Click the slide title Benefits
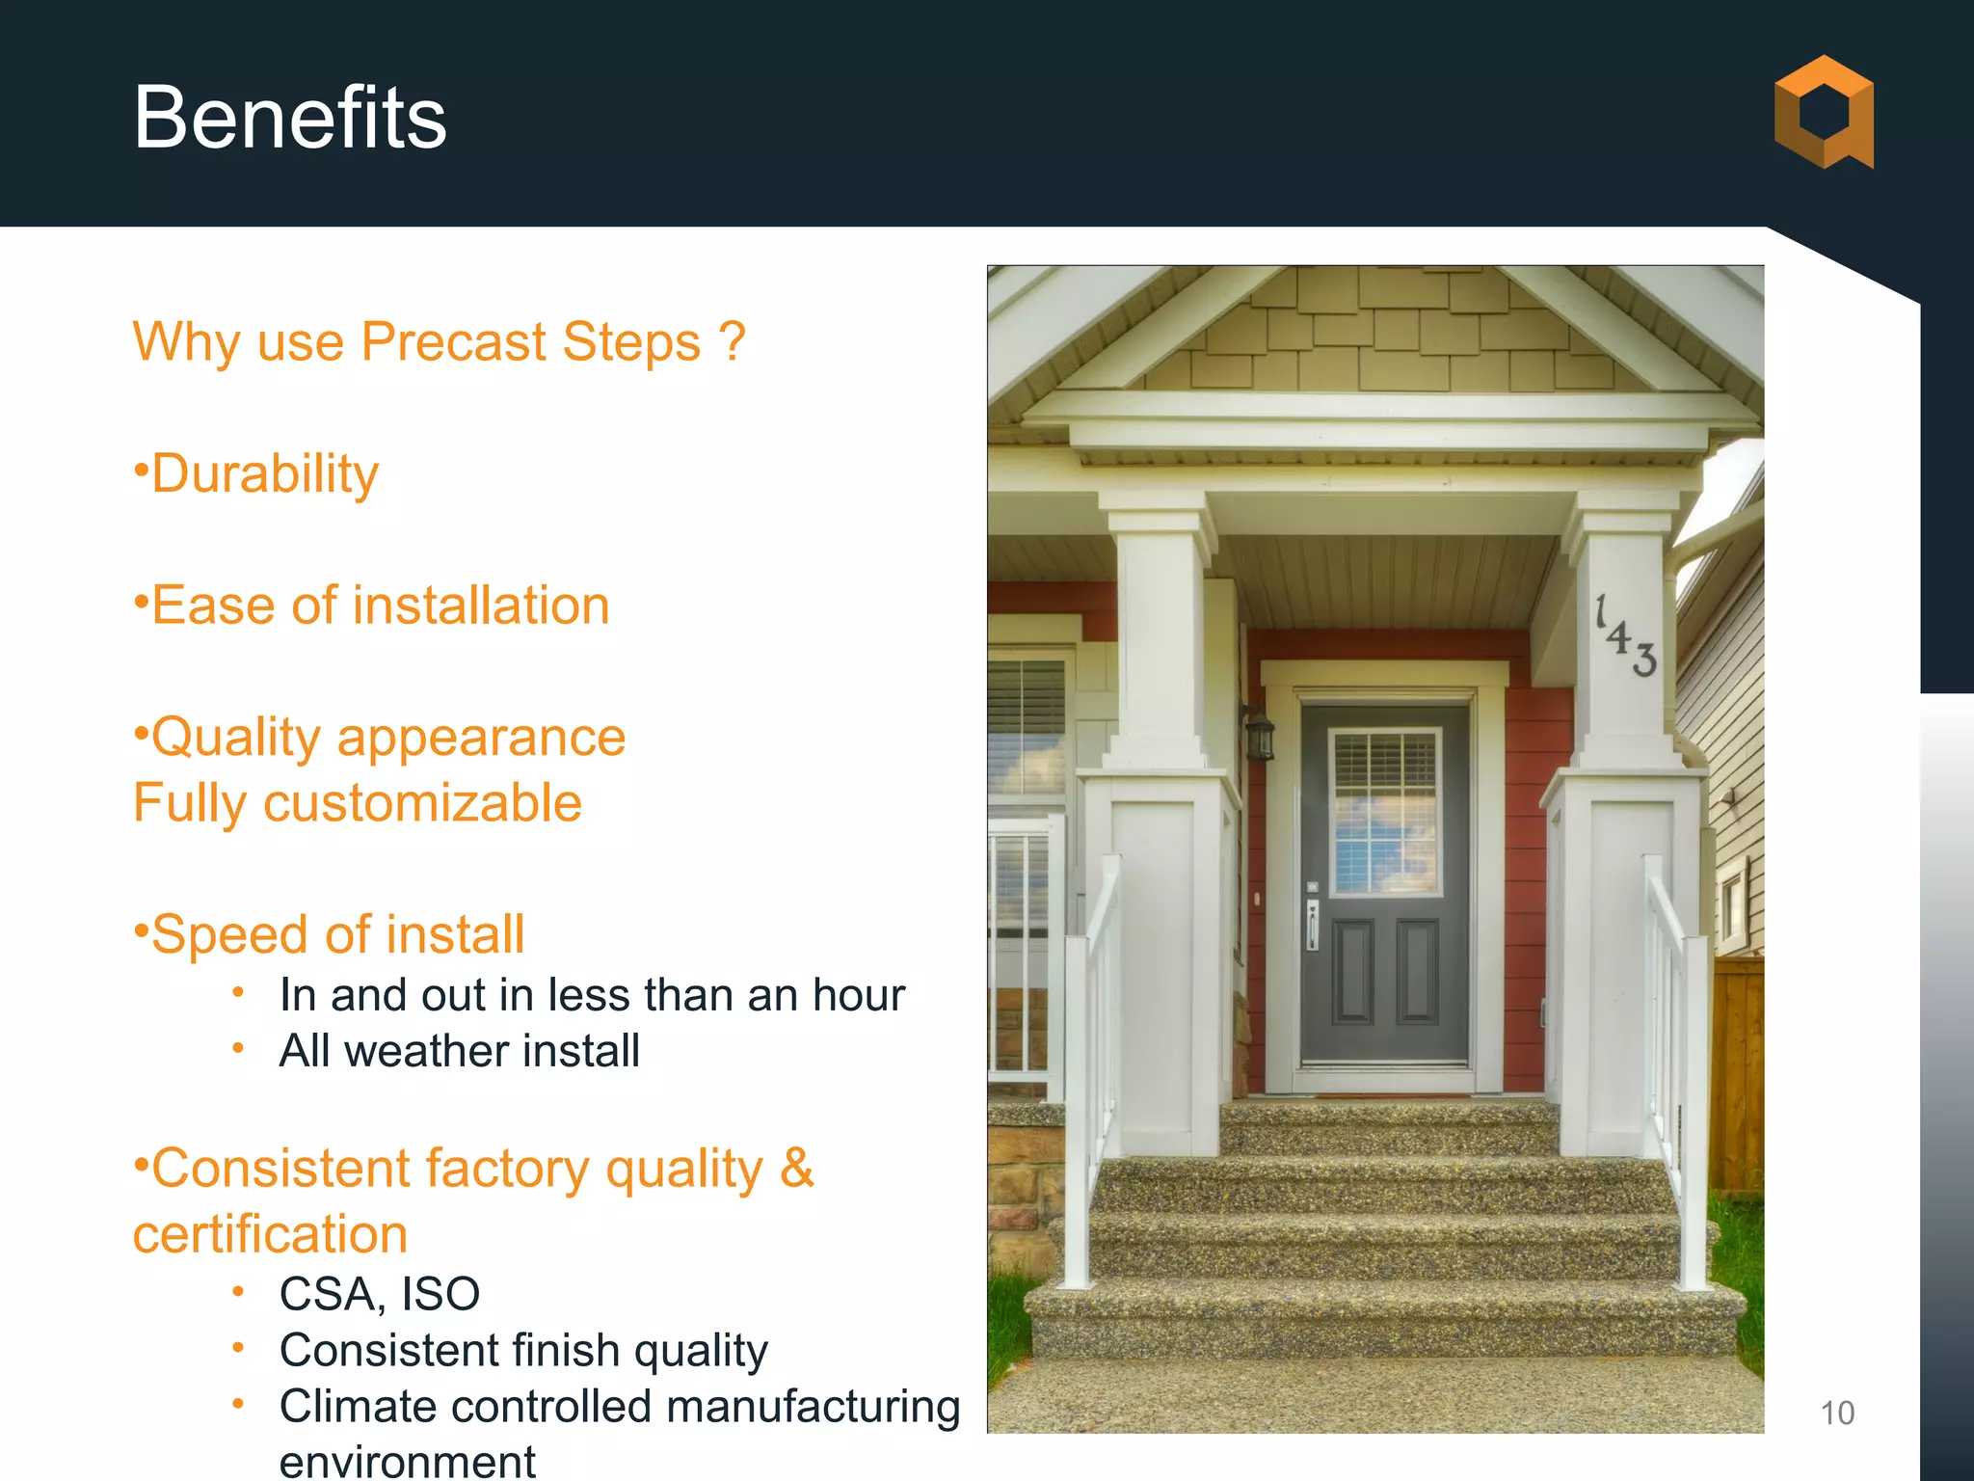click(289, 118)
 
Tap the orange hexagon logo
click(1824, 112)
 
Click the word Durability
click(265, 473)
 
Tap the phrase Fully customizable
click(357, 803)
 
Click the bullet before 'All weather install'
click(238, 1048)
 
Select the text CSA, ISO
click(379, 1294)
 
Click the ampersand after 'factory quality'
click(796, 1169)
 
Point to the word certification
click(270, 1234)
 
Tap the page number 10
click(1836, 1414)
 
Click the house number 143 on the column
click(1625, 636)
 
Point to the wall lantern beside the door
click(1259, 735)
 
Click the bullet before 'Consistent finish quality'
click(238, 1348)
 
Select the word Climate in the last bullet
click(358, 1406)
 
